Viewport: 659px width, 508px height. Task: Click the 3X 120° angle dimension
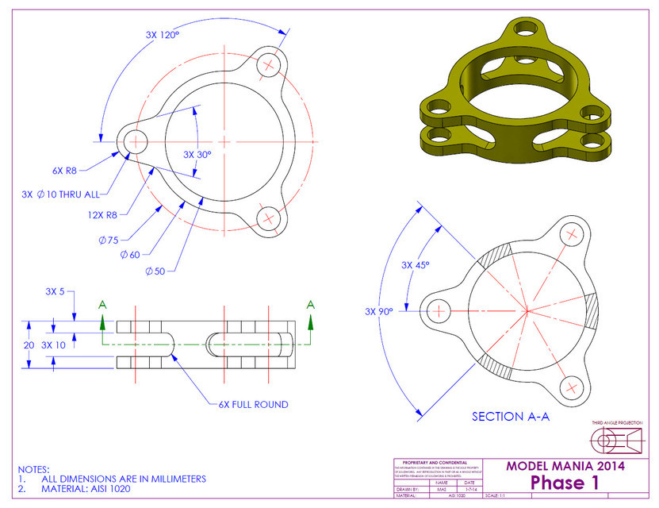click(163, 35)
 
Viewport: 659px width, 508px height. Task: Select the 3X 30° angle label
click(197, 155)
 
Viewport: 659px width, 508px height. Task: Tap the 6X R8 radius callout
click(63, 170)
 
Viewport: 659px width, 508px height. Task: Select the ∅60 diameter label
click(132, 254)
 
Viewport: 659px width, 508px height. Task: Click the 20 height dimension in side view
click(29, 344)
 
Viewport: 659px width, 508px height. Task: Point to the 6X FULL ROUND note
click(254, 404)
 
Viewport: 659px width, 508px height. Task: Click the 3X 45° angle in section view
click(416, 265)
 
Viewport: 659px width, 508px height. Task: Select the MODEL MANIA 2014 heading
click(565, 465)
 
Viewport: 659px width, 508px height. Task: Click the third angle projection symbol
click(619, 439)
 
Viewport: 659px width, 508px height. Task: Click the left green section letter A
click(102, 305)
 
